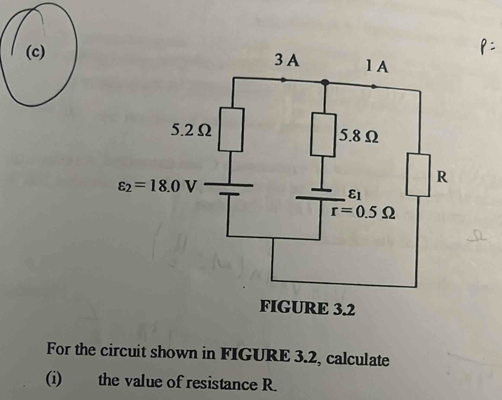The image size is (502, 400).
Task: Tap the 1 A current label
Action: click(377, 67)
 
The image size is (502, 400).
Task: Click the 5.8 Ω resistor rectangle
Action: click(324, 135)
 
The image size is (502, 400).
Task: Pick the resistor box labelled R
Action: click(418, 175)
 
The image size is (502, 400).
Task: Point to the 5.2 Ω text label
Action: click(191, 130)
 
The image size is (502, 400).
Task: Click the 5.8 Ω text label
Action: click(359, 136)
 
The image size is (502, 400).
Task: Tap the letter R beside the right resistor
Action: click(442, 176)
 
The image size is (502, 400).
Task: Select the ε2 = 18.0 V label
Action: click(157, 186)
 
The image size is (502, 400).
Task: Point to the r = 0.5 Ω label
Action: click(363, 212)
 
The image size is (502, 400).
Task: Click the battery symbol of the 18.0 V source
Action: click(229, 189)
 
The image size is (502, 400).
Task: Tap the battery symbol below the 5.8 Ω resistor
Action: click(320, 194)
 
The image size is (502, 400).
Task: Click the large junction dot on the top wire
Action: click(325, 82)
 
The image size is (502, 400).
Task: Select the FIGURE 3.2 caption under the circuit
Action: click(307, 308)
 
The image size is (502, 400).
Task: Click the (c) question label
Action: click(35, 52)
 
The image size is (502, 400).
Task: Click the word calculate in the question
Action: click(358, 359)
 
